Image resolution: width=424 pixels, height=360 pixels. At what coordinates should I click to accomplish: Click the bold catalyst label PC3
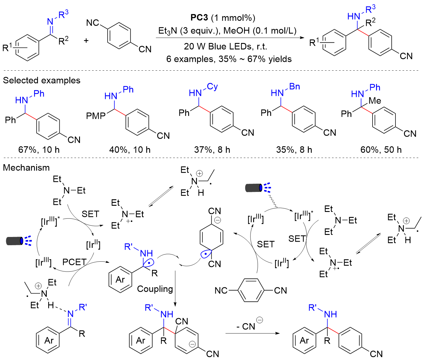point(199,18)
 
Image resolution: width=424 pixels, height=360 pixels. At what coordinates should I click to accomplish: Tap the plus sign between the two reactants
point(86,40)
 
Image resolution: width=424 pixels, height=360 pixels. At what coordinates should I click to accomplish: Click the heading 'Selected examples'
point(42,80)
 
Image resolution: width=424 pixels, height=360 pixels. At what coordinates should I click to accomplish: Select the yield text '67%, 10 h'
point(39,150)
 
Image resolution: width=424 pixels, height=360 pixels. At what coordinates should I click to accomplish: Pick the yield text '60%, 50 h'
point(381,150)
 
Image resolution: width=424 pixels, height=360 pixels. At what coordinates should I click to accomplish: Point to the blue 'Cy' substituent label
point(212,87)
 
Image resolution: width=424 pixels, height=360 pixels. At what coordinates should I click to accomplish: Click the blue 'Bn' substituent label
point(295,87)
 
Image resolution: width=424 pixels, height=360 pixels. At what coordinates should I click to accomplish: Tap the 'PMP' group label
point(96,116)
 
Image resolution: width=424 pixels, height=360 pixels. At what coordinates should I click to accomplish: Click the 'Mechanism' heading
point(26,167)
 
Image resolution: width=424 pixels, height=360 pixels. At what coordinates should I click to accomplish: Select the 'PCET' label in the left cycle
point(74,262)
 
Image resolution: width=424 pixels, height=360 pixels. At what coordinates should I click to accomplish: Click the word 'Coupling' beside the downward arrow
point(155,289)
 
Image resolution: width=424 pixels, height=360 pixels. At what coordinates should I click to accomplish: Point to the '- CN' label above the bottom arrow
point(246,326)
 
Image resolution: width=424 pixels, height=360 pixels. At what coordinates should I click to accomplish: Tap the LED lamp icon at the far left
point(19,241)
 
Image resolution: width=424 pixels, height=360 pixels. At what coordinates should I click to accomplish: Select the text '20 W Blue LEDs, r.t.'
point(226,47)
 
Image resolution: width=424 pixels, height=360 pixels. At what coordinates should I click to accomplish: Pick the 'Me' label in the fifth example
point(375,101)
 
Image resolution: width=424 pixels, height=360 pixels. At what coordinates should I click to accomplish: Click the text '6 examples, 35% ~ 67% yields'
point(229,59)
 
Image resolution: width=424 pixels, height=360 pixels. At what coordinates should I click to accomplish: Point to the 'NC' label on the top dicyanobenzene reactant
point(93,23)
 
